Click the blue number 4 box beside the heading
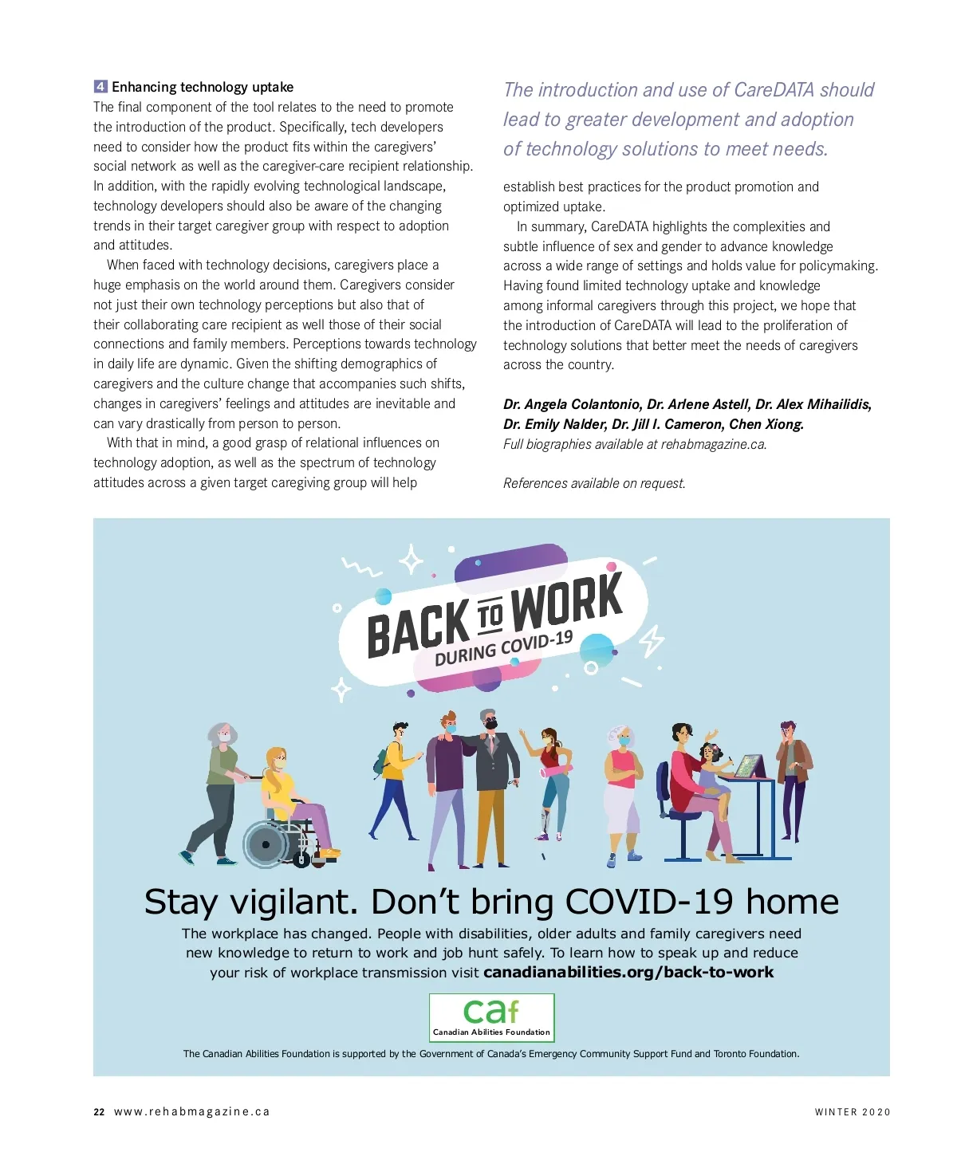(100, 87)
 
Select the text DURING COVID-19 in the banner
(503, 648)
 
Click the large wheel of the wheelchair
(266, 844)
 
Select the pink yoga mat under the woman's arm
(556, 770)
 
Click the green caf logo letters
(490, 1012)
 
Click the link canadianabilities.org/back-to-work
(628, 972)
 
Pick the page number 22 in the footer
(99, 1112)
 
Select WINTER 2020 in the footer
(852, 1112)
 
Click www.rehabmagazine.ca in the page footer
(191, 1112)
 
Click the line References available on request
(594, 483)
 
